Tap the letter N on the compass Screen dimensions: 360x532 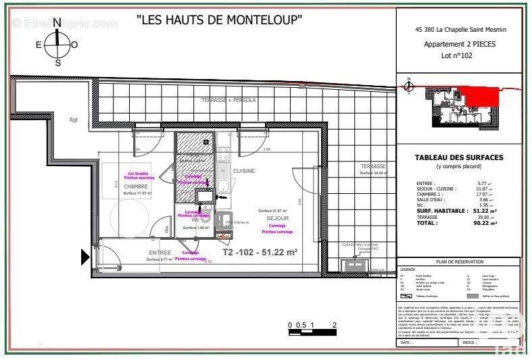pos(57,22)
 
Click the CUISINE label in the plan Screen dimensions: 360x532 pos(244,171)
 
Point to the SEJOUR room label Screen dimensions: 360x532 pos(277,219)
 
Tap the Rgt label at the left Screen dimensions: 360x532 pos(74,120)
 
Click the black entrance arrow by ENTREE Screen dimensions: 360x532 pos(86,257)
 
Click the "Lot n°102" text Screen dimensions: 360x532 pos(458,56)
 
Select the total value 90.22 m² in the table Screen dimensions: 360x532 pos(485,222)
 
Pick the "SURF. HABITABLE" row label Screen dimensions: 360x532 pos(441,211)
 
